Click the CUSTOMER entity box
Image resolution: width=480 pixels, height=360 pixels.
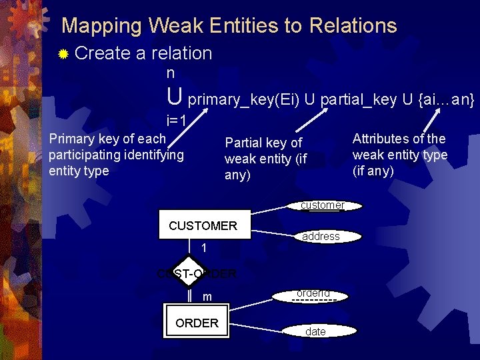tap(203, 225)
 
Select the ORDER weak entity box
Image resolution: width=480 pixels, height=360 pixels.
tap(197, 323)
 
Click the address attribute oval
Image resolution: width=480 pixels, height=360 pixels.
tap(321, 237)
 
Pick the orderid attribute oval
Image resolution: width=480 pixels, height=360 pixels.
tap(313, 294)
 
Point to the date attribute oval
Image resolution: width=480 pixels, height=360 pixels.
tap(315, 331)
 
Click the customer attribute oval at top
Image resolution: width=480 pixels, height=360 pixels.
tap(322, 205)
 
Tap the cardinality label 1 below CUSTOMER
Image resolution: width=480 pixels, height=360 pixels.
tap(205, 249)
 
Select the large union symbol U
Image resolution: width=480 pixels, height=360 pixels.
tap(175, 97)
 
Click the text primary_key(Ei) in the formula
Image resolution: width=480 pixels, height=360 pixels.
tap(243, 100)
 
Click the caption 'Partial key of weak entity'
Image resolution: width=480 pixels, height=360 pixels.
tap(265, 159)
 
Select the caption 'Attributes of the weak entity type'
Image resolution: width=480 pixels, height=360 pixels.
tap(399, 155)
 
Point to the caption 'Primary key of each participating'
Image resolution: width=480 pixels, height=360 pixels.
tap(116, 155)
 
